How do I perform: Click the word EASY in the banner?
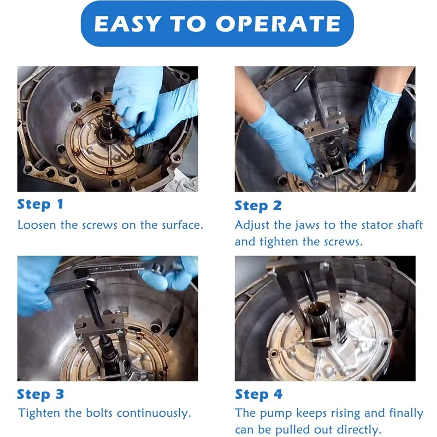click(x=127, y=23)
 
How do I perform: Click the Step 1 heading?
click(x=40, y=204)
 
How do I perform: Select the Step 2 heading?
click(x=258, y=206)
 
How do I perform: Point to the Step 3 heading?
click(x=40, y=394)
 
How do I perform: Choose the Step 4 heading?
click(x=258, y=394)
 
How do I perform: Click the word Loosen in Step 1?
click(x=37, y=225)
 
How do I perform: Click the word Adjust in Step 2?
click(x=252, y=225)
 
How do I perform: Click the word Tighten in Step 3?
click(x=39, y=414)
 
